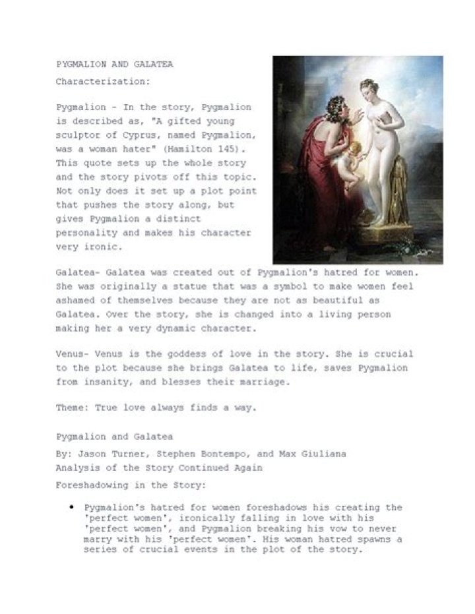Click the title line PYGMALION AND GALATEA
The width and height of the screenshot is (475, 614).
[115, 65]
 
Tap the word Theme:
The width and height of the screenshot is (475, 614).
[73, 408]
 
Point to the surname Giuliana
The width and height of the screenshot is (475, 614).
[323, 454]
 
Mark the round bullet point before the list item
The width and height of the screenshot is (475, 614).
[71, 508]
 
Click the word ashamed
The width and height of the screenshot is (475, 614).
[75, 299]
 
